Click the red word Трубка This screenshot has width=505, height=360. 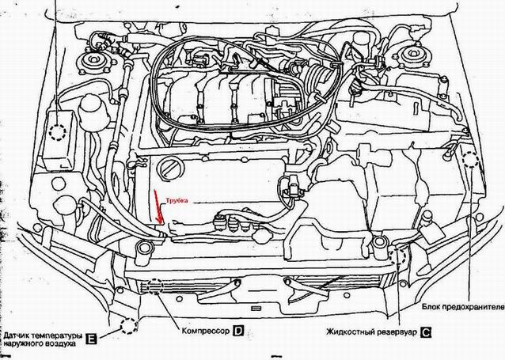(x=177, y=201)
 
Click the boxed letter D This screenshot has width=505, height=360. (x=238, y=331)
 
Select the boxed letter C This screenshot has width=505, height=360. (x=426, y=332)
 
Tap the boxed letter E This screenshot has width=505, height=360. (x=91, y=339)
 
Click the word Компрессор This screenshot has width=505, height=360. (x=206, y=331)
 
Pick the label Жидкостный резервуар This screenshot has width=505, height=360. (x=371, y=332)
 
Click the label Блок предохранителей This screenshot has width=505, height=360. (x=463, y=307)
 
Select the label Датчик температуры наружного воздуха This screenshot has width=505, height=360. (x=43, y=339)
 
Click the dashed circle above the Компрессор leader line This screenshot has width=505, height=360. (x=155, y=286)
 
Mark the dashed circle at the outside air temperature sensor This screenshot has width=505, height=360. (x=129, y=326)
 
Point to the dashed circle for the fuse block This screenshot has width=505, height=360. (x=470, y=159)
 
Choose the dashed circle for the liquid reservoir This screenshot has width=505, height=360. (x=397, y=256)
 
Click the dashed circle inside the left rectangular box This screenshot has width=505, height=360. (x=58, y=132)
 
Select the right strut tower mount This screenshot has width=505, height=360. (x=412, y=55)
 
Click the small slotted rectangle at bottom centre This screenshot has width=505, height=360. (x=256, y=308)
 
